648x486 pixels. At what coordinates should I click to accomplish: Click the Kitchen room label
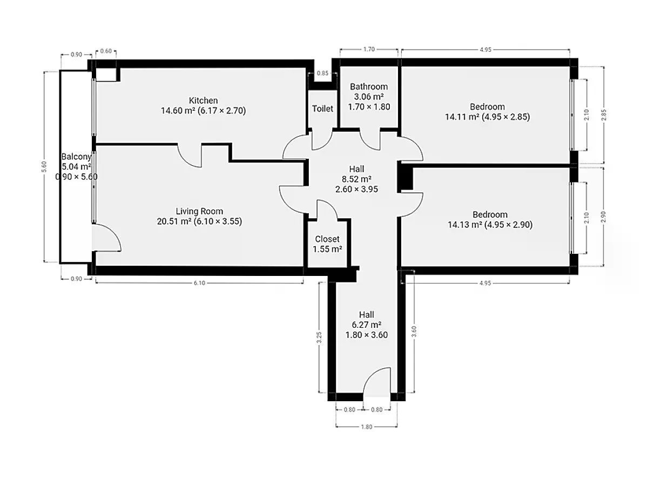click(203, 100)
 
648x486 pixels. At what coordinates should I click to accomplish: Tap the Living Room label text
click(199, 211)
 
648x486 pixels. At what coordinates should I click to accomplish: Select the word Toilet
click(322, 109)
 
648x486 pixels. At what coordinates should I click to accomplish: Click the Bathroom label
click(369, 86)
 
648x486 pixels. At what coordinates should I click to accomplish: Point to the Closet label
click(327, 239)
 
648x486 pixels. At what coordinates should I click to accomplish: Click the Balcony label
click(76, 157)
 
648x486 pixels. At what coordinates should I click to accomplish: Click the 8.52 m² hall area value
click(356, 179)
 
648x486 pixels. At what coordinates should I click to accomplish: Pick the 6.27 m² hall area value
click(366, 325)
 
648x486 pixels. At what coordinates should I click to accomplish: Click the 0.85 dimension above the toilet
click(322, 73)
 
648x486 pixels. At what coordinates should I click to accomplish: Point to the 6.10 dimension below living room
click(199, 283)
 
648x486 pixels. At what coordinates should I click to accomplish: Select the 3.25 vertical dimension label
click(319, 338)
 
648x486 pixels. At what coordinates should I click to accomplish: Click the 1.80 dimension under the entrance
click(366, 427)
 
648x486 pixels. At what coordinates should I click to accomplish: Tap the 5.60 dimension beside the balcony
click(44, 167)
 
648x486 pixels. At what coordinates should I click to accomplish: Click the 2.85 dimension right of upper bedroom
click(604, 115)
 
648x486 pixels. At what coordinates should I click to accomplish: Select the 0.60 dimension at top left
click(106, 51)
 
